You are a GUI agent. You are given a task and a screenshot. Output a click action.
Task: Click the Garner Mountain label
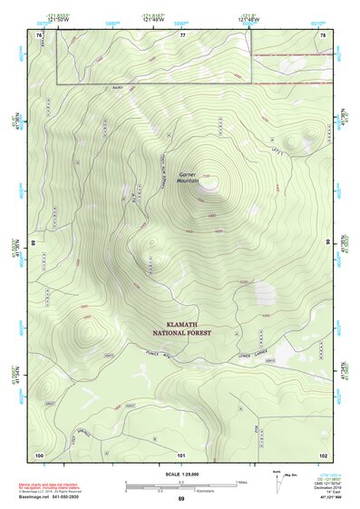(x=188, y=176)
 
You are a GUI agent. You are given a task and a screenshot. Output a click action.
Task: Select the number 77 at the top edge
(x=182, y=34)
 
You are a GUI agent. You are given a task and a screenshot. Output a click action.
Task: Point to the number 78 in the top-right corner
(x=323, y=34)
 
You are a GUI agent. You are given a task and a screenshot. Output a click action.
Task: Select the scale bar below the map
(x=180, y=485)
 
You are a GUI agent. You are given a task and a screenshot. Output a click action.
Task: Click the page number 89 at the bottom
(x=181, y=500)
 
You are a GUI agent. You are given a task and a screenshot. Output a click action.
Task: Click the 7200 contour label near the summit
(x=206, y=175)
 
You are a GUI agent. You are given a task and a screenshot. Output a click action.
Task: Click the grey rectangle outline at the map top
(x=154, y=84)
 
